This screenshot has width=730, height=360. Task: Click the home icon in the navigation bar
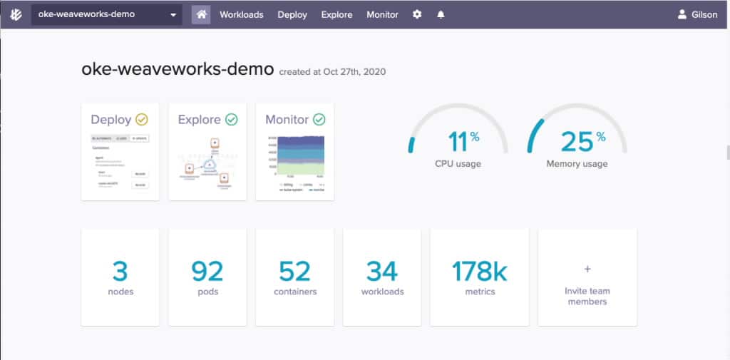(x=201, y=14)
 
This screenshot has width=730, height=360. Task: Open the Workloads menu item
(x=241, y=14)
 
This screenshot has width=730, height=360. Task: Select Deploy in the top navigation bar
(x=292, y=14)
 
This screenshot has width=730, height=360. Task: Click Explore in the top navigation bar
(x=336, y=14)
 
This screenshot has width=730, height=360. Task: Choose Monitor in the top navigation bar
(x=383, y=14)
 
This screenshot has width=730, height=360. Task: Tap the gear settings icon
(x=417, y=14)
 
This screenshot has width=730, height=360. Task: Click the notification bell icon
(x=441, y=14)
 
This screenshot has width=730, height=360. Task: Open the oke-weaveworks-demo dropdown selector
(x=107, y=14)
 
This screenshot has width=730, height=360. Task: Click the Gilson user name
(x=704, y=14)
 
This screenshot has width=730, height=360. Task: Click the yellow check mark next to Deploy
(x=142, y=120)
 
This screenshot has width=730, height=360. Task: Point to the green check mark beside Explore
(x=231, y=120)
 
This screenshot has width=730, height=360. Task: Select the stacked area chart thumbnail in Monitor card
(x=295, y=155)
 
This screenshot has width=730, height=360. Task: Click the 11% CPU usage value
(x=458, y=142)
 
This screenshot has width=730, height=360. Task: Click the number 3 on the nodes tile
(x=120, y=271)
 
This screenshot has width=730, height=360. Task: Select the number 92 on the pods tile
(x=207, y=271)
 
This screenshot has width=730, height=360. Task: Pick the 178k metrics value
(x=480, y=271)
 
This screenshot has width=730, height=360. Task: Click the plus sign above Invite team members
(x=587, y=269)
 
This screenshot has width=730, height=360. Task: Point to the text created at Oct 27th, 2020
(x=333, y=71)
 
